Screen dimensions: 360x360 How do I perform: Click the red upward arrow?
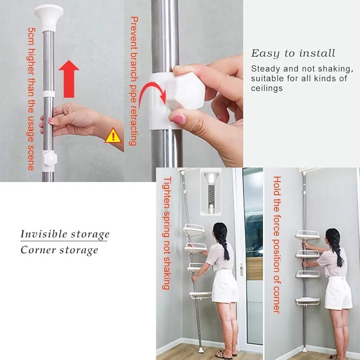click(69, 79)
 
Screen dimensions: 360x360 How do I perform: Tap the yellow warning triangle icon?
click(113, 136)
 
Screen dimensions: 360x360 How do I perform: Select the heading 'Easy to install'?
click(293, 53)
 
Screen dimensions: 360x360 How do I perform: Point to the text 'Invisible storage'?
click(65, 234)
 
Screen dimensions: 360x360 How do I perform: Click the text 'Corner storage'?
click(59, 250)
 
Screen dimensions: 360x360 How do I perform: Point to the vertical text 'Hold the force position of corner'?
click(277, 244)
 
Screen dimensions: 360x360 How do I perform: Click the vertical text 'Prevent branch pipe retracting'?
click(134, 81)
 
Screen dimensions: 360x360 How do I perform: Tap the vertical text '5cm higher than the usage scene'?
click(31, 99)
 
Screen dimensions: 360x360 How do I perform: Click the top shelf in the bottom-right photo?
click(308, 234)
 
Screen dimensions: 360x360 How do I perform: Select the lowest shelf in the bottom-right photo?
click(308, 301)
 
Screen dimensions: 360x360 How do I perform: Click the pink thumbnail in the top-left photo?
click(51, 120)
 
